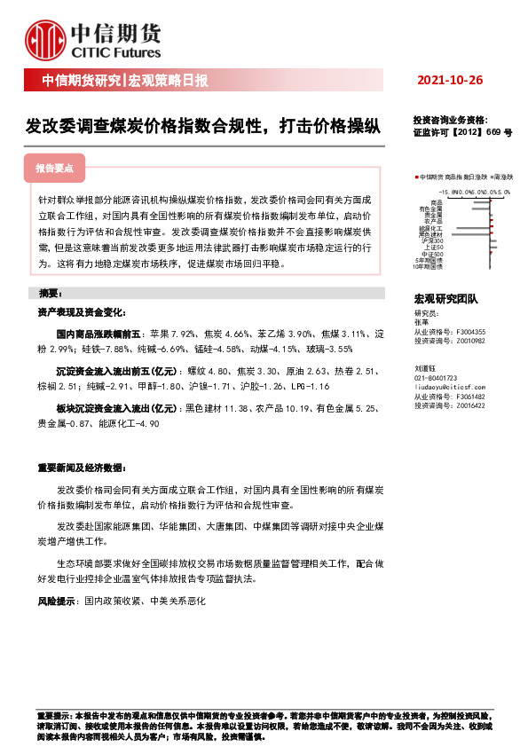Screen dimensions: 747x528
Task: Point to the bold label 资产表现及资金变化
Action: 81,313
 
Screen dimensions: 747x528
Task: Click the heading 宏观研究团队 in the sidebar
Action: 445,301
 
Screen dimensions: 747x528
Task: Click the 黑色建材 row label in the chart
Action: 432,234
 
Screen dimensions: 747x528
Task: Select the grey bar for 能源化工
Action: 471,228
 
